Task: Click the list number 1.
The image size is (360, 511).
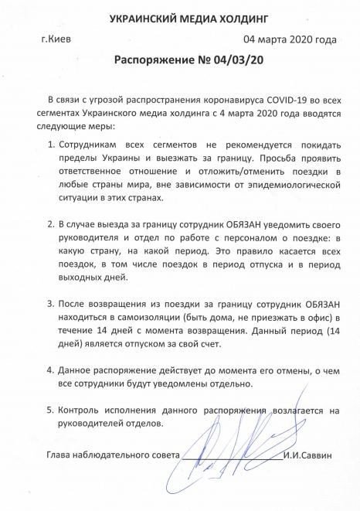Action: coord(51,145)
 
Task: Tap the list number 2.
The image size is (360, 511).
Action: coord(51,224)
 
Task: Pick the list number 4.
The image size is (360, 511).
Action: coord(51,370)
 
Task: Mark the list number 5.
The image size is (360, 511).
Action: coord(51,410)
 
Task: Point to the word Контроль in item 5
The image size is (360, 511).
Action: coord(83,410)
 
